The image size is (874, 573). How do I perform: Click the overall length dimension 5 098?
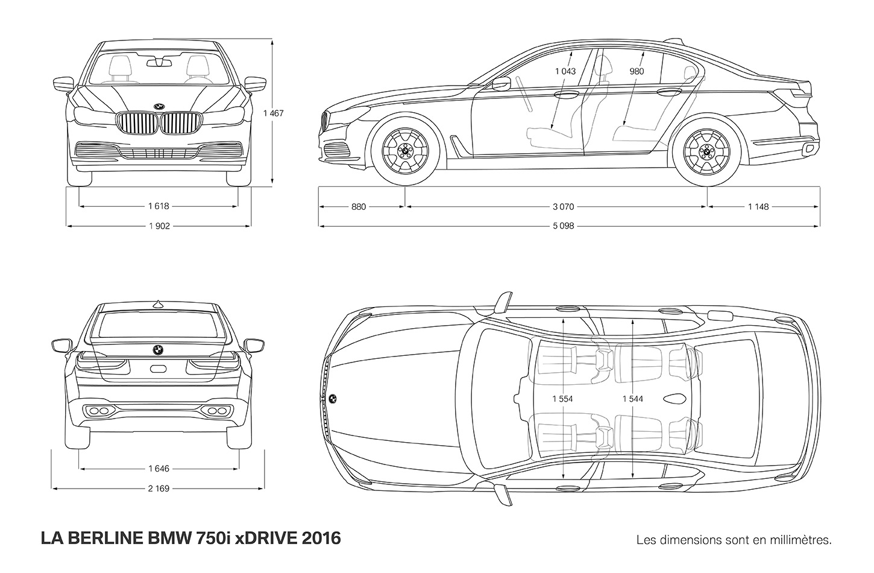(x=563, y=226)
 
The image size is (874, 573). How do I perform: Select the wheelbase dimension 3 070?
(x=563, y=206)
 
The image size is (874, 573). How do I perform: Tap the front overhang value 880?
(x=359, y=206)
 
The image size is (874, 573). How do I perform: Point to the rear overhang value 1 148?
(x=758, y=206)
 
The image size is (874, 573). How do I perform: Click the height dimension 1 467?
(x=273, y=113)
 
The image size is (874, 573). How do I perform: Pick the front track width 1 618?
(x=159, y=206)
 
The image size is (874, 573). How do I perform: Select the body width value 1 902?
(x=159, y=226)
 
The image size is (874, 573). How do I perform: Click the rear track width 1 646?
(x=159, y=469)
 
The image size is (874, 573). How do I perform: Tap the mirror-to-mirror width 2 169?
(x=159, y=489)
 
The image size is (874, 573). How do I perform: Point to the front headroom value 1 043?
(x=565, y=71)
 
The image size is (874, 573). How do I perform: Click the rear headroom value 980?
(x=637, y=71)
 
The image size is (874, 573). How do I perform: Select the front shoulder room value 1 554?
(x=562, y=399)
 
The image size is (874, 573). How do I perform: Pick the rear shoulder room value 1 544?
(x=633, y=399)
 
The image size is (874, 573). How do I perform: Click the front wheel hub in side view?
(x=406, y=150)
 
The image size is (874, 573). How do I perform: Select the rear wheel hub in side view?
(x=706, y=150)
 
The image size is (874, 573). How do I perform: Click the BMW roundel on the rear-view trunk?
(x=158, y=350)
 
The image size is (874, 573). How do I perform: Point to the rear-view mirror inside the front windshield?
(x=159, y=63)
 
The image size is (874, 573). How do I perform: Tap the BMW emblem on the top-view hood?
(x=333, y=399)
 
